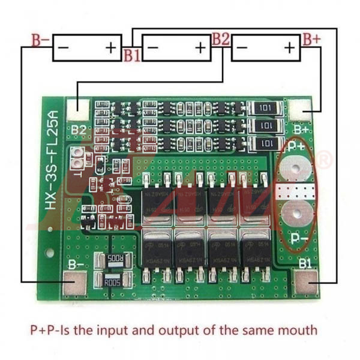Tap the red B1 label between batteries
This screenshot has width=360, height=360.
click(x=132, y=55)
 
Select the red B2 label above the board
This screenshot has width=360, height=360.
click(x=220, y=40)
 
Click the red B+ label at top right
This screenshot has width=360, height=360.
click(x=311, y=40)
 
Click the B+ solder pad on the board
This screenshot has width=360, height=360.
click(x=300, y=110)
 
